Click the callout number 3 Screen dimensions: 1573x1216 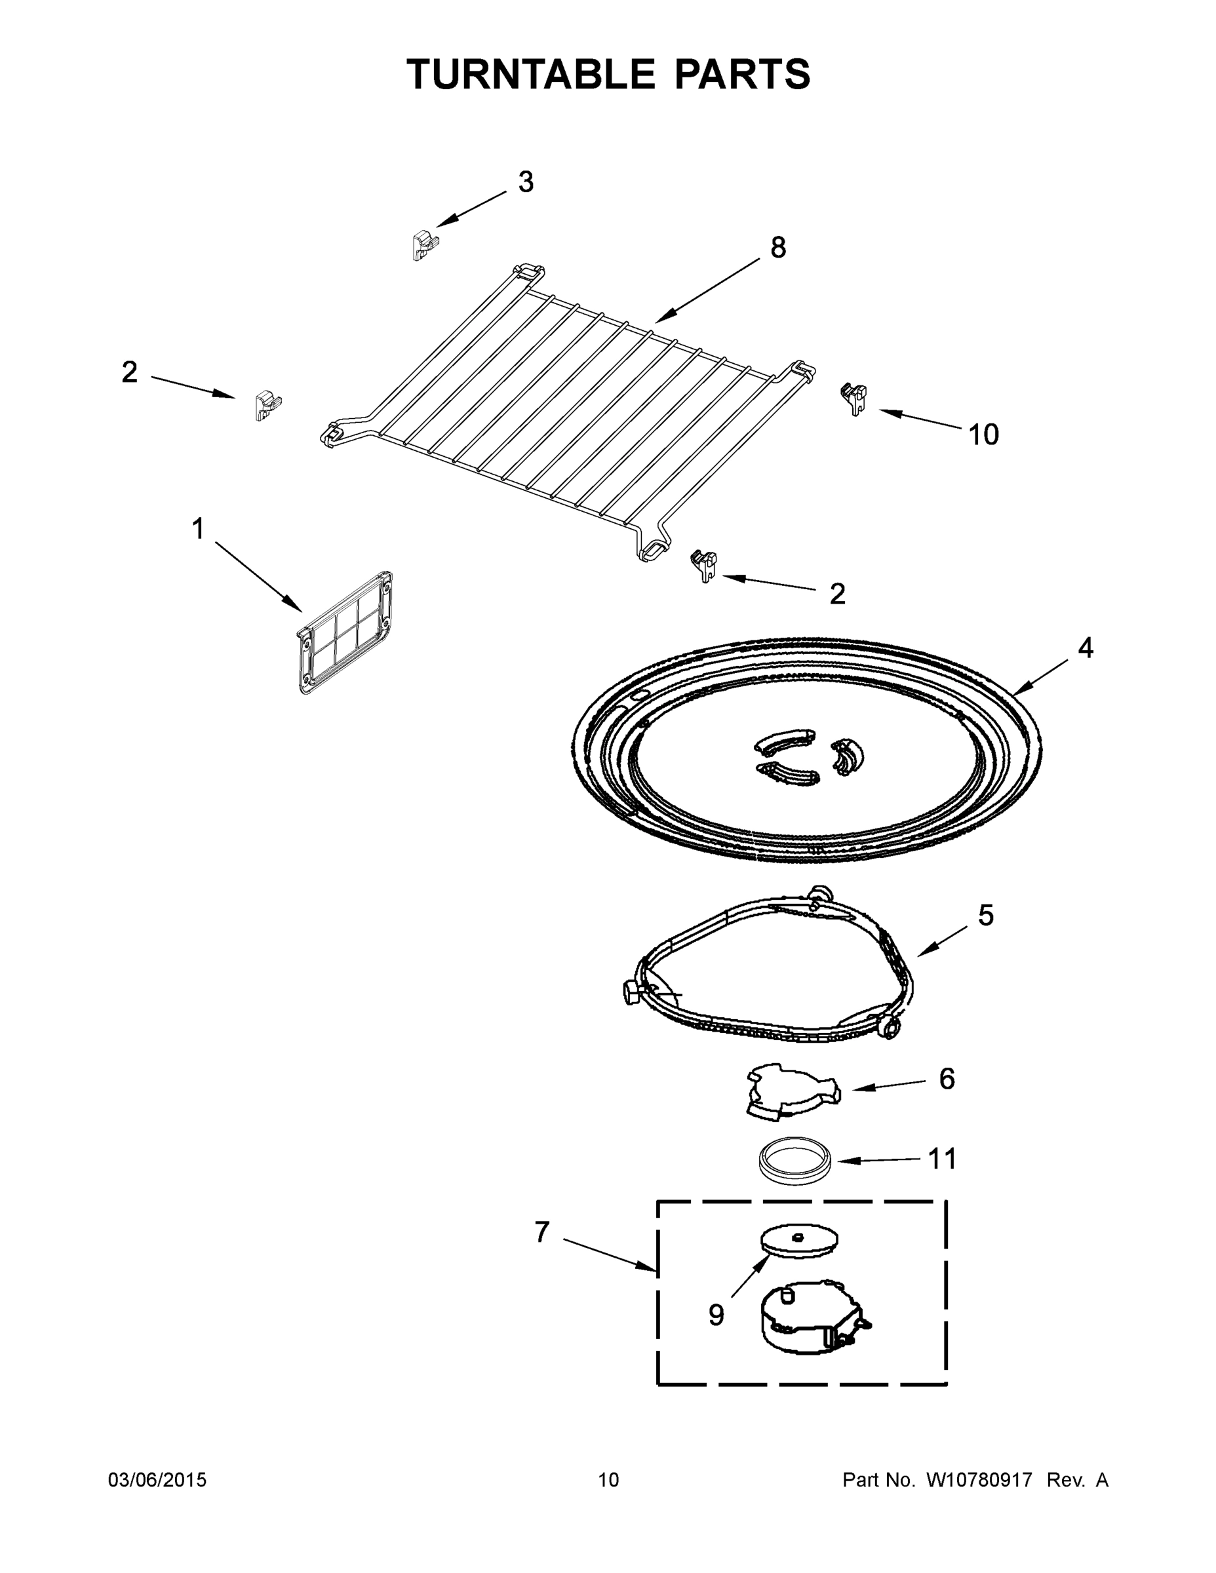click(526, 182)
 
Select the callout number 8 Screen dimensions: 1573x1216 click(778, 248)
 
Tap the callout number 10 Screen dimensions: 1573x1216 click(983, 435)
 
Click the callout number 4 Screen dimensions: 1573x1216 click(1085, 648)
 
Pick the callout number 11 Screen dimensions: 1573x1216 click(942, 1159)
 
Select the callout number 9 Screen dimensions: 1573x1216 click(716, 1315)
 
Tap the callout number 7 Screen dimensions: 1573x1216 click(542, 1232)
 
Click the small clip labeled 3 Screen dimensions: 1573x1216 click(425, 245)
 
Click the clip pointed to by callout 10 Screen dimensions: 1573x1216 click(854, 398)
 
